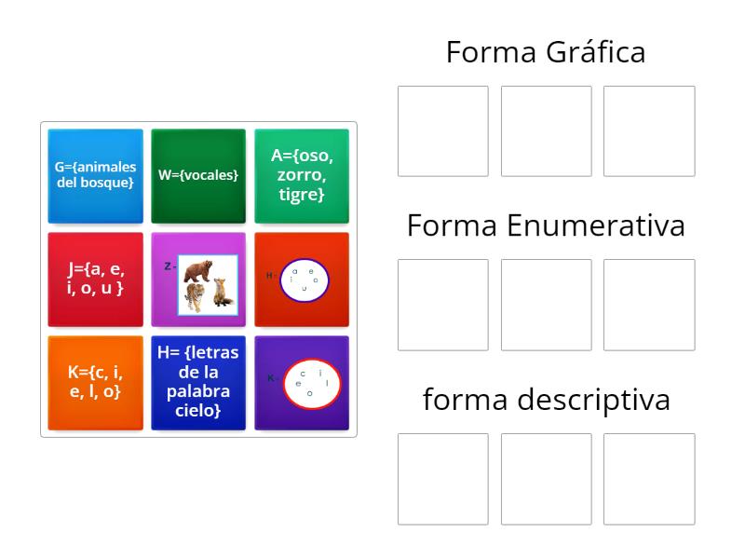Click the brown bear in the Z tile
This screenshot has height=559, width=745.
coord(198,270)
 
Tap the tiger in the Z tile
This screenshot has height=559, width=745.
coord(196,297)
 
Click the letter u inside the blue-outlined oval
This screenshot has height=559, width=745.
coord(305,288)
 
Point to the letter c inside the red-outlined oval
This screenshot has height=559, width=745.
coord(303,374)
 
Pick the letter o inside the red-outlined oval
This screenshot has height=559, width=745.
coord(310,393)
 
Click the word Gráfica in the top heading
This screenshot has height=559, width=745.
coord(596,52)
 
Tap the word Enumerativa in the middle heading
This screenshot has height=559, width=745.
coord(596,225)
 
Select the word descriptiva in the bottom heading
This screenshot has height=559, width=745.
coord(594,400)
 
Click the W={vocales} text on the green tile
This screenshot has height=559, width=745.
coord(198,175)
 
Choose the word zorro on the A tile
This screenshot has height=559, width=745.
coord(301,175)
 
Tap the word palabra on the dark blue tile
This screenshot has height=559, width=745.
coord(198,390)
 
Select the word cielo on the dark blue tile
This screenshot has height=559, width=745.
coord(197,410)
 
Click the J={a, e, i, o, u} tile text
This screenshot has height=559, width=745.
coord(95,279)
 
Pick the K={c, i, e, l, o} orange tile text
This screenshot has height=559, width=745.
coord(95,382)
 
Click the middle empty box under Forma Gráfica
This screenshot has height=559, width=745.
coord(547,131)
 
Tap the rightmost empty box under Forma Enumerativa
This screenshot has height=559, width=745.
coord(649,305)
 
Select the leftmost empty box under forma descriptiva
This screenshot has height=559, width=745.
coord(443,479)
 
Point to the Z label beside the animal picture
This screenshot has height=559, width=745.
coord(168,266)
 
